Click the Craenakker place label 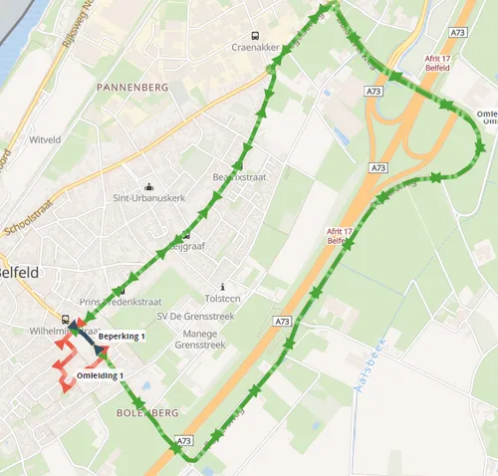click(x=252, y=46)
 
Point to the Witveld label click(x=46, y=140)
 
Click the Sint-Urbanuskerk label click(x=149, y=197)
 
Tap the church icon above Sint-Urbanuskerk click(x=149, y=185)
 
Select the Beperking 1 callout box click(x=122, y=337)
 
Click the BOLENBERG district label click(x=146, y=412)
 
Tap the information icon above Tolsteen click(x=222, y=286)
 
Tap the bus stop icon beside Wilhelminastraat click(x=66, y=320)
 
